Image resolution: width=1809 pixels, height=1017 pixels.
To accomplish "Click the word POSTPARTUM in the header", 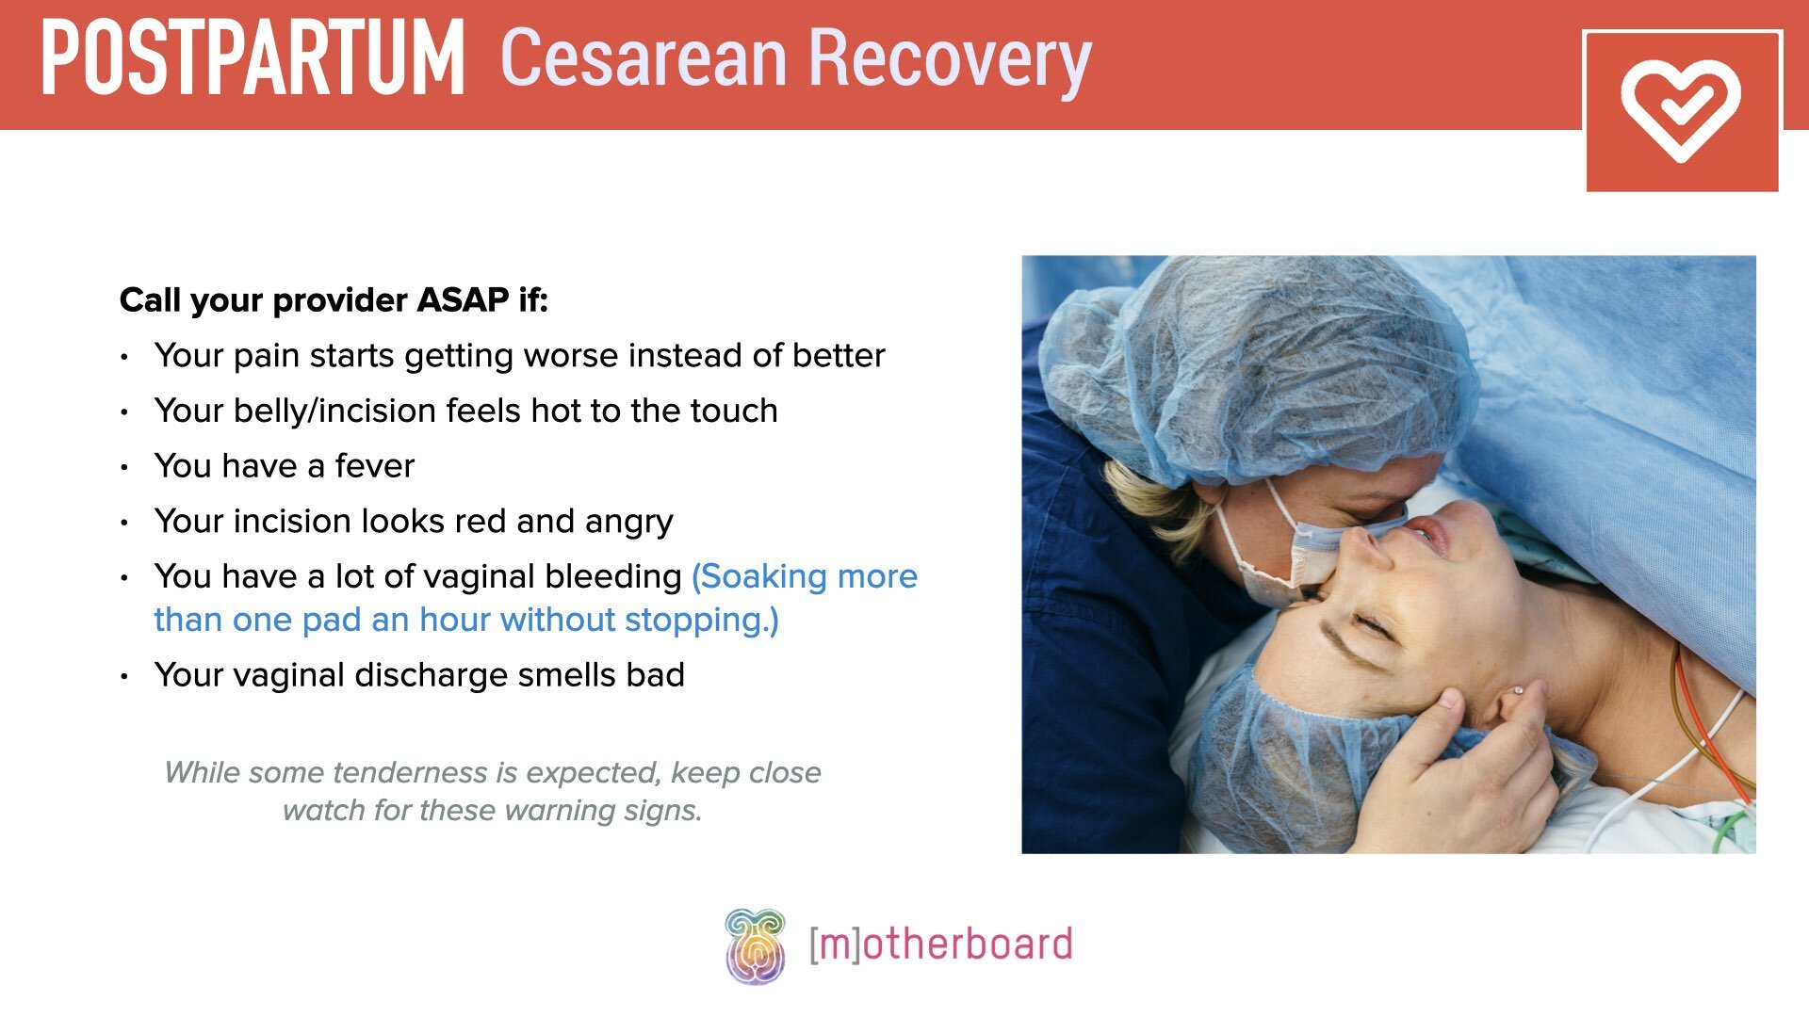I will [253, 58].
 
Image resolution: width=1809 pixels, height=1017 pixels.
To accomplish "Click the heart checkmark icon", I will [1681, 110].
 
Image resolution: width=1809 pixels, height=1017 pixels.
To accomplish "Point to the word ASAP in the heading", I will [463, 300].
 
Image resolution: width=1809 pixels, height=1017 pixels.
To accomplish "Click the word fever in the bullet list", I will [374, 466].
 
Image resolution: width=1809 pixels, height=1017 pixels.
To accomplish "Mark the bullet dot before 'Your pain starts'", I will [124, 357].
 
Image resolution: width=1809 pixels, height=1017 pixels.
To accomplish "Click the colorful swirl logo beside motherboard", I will [755, 945].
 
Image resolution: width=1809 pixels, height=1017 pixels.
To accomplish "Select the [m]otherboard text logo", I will [940, 944].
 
